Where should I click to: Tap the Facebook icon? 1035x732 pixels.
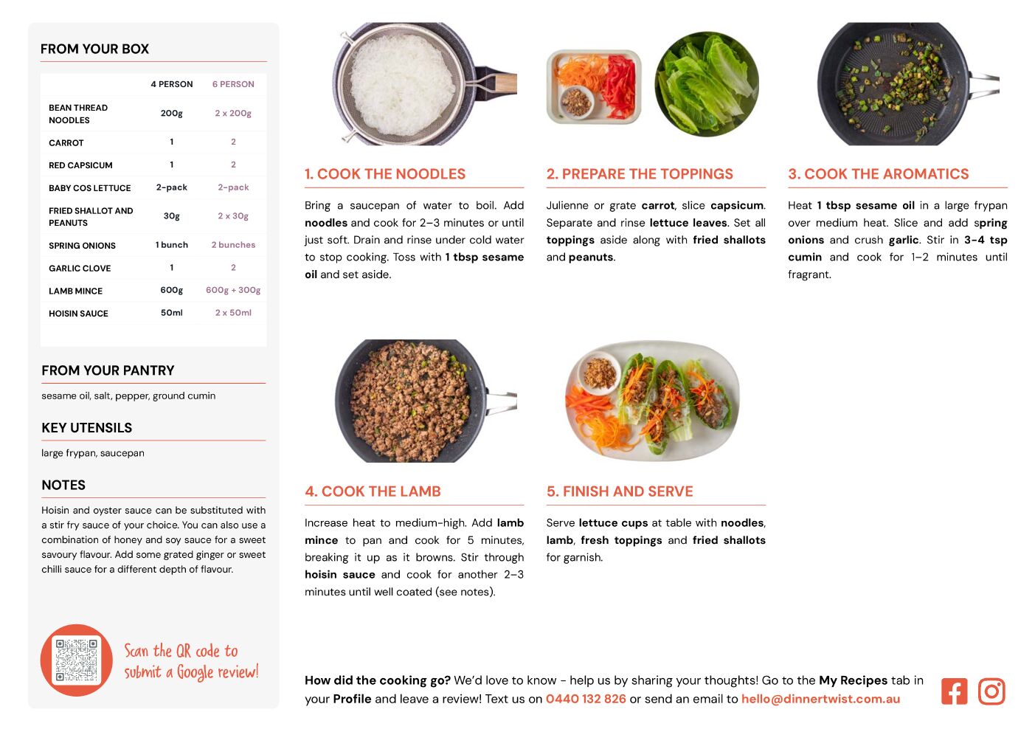(954, 691)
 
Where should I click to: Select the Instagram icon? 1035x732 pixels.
(991, 691)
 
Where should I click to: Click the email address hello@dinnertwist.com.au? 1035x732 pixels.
(820, 699)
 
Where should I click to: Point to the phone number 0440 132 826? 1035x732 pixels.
(586, 699)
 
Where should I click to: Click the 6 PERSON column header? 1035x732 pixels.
(233, 84)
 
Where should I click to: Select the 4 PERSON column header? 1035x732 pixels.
(172, 84)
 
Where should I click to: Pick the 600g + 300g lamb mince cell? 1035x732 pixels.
(233, 290)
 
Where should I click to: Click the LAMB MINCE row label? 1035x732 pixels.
(76, 291)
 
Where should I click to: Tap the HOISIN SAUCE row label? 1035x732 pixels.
(78, 314)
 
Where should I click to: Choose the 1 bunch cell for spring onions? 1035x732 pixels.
(172, 245)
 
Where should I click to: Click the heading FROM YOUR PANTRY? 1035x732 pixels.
(108, 370)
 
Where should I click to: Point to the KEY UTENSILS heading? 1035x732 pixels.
(87, 428)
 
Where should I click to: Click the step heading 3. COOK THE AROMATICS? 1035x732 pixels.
(879, 174)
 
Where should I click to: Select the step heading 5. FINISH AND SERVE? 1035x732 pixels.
(620, 491)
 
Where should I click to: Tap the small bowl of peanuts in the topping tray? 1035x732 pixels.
(576, 102)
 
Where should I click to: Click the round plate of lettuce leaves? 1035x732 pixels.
(707, 84)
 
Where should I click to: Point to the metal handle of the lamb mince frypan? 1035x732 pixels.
(501, 402)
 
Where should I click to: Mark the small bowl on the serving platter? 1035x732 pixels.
(599, 373)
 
